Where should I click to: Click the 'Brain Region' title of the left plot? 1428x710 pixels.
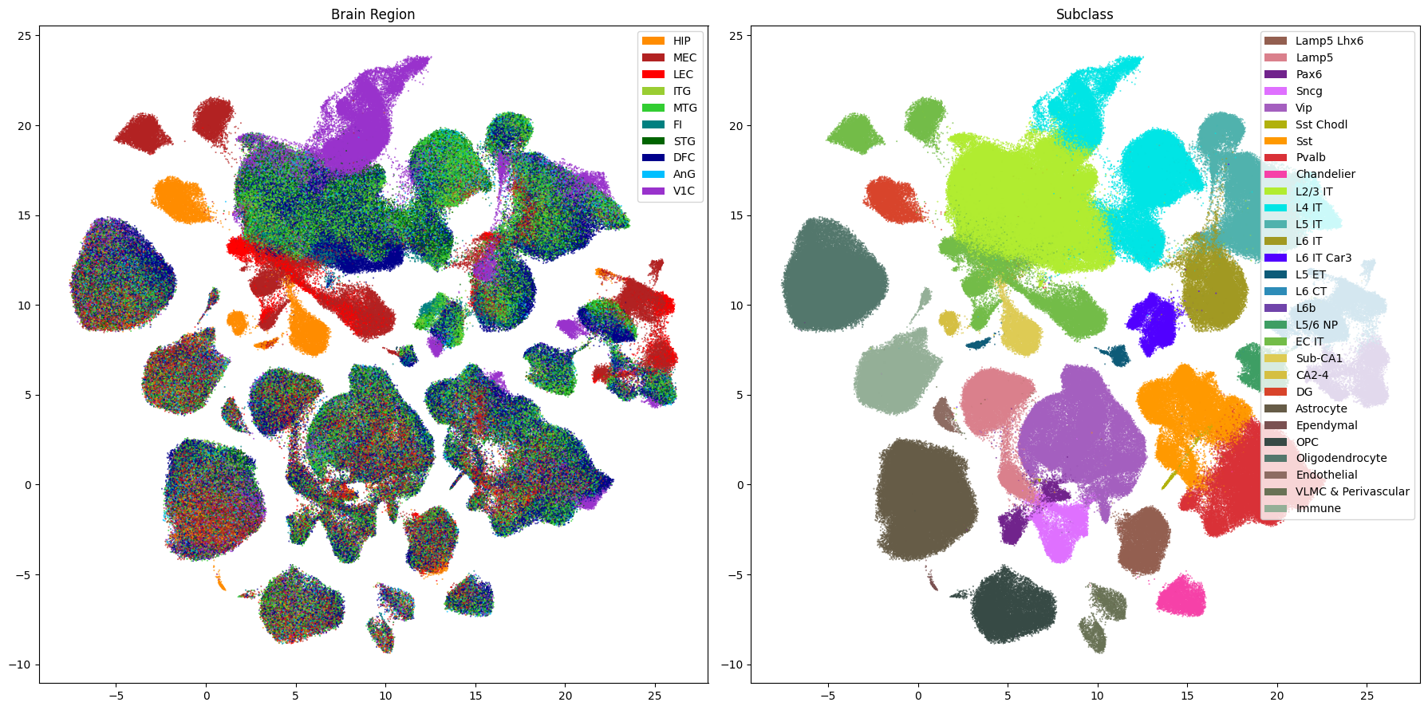pyautogui.click(x=373, y=14)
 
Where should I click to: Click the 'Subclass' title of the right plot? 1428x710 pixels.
pyautogui.click(x=1084, y=14)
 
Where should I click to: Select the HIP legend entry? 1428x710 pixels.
pyautogui.click(x=667, y=41)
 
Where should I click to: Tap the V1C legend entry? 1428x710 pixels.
pyautogui.click(x=669, y=191)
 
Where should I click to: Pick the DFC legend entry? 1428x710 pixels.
pyautogui.click(x=669, y=157)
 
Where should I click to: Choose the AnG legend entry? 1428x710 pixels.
pyautogui.click(x=669, y=174)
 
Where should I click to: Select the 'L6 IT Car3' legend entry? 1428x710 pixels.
pyautogui.click(x=1308, y=258)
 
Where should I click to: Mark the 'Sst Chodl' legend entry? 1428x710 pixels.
pyautogui.click(x=1306, y=124)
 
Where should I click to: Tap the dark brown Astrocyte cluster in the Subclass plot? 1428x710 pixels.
pyautogui.click(x=925, y=499)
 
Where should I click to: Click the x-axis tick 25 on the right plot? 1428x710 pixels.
pyautogui.click(x=1367, y=696)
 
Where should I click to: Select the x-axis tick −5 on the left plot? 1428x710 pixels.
pyautogui.click(x=116, y=696)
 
